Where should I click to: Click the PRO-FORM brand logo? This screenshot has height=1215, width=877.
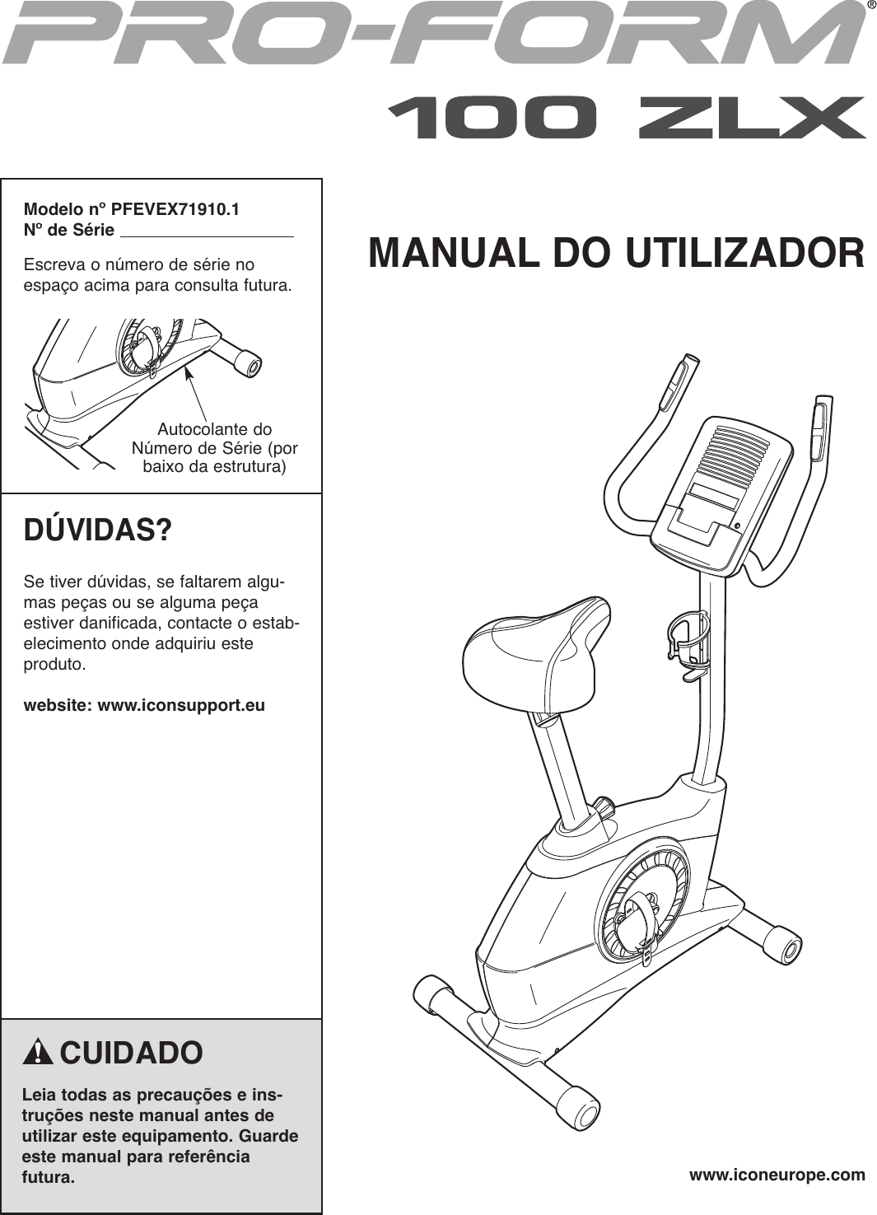432,35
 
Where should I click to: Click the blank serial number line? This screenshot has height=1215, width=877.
207,231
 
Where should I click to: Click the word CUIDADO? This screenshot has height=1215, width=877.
131,1054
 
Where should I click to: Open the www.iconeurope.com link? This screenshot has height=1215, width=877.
777,1175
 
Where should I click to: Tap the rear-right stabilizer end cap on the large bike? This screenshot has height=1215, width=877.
781,946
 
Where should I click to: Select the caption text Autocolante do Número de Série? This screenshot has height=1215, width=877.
214,448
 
